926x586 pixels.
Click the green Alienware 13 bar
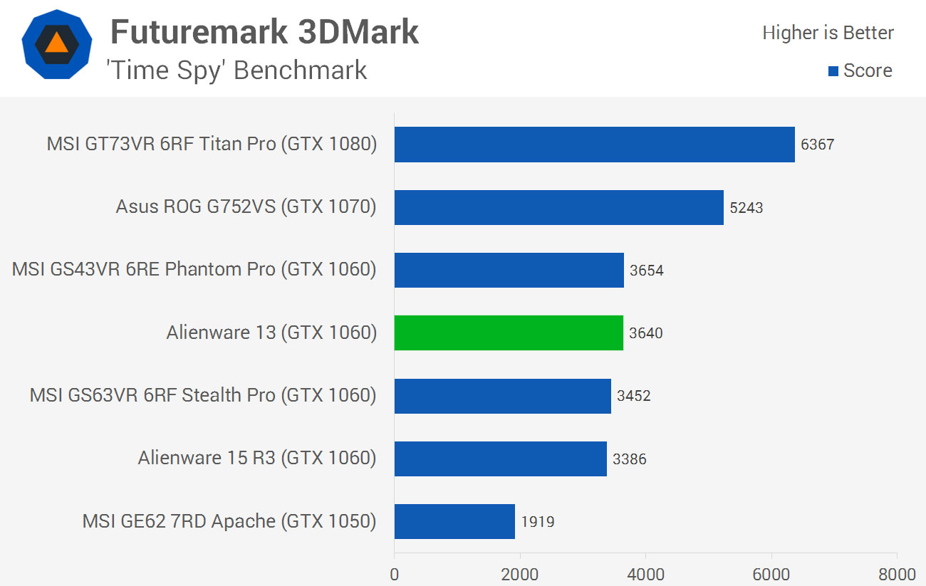point(509,333)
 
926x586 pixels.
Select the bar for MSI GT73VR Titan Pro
point(594,145)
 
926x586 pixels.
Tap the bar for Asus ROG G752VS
point(558,207)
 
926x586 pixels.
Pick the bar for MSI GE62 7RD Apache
point(454,521)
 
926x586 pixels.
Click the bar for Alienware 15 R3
point(500,459)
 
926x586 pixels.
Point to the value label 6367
point(817,145)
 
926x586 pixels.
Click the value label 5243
point(746,208)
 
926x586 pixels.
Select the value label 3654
point(646,271)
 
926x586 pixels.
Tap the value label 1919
point(537,522)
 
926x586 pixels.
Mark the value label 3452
point(633,396)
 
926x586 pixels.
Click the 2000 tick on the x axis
point(520,573)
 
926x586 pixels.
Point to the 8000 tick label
point(897,573)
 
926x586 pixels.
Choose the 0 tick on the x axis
point(395,573)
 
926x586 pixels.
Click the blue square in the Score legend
point(833,71)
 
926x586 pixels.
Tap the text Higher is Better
point(828,33)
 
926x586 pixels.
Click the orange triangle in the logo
point(56,43)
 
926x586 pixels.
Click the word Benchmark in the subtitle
point(300,70)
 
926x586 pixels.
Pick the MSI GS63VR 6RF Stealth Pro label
point(202,395)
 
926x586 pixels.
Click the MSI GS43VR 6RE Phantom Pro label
point(194,270)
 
